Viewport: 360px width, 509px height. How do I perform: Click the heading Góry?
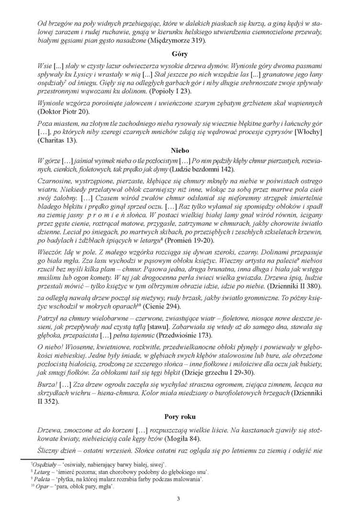click(x=180, y=55)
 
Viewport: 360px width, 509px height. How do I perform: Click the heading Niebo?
click(x=180, y=150)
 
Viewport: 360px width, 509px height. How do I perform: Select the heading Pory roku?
click(x=180, y=417)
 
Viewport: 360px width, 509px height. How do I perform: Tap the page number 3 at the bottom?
click(x=178, y=499)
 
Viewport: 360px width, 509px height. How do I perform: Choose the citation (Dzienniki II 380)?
click(x=294, y=286)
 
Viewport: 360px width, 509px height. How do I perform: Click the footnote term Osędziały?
click(x=45, y=464)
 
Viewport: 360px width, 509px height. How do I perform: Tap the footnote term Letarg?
click(x=43, y=472)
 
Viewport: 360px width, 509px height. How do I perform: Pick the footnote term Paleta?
click(x=43, y=479)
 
